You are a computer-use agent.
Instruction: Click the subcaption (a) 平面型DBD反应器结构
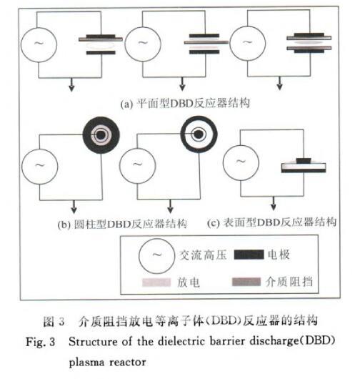click(x=185, y=104)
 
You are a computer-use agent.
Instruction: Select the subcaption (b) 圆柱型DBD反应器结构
click(x=122, y=224)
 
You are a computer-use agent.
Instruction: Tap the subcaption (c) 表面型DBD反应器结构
click(x=271, y=222)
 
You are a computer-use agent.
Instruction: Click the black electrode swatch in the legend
click(x=249, y=255)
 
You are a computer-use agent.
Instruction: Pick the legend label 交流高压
click(x=203, y=255)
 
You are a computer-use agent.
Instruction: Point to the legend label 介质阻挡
click(x=289, y=282)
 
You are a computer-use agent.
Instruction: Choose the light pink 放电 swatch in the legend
click(x=156, y=282)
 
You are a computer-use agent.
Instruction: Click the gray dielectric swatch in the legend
click(x=246, y=282)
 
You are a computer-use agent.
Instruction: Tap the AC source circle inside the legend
click(x=156, y=256)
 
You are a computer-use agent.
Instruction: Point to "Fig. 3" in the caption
click(x=40, y=342)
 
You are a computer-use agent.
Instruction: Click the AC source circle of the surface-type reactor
click(x=241, y=162)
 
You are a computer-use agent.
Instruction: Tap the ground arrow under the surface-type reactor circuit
click(x=274, y=203)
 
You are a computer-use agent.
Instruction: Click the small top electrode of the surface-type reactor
click(x=304, y=160)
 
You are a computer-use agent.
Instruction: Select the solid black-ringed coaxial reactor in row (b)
click(x=101, y=135)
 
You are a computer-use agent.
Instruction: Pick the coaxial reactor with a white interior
click(x=199, y=134)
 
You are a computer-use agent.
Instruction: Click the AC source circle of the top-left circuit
click(x=39, y=45)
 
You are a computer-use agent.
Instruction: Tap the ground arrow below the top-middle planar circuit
click(x=183, y=84)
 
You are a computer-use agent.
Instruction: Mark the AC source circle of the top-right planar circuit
click(x=247, y=44)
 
